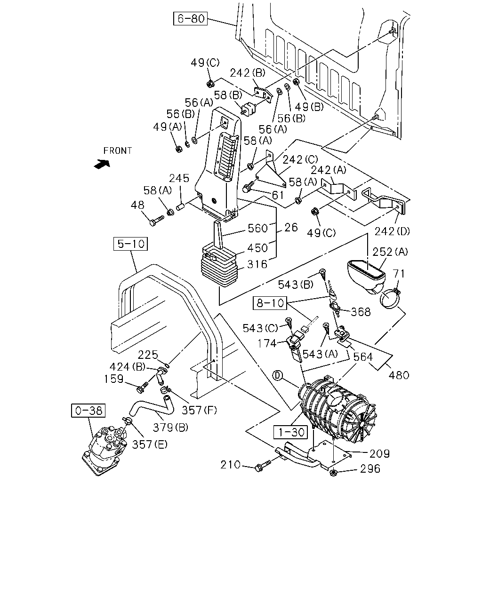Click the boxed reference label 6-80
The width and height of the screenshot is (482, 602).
[x=190, y=19]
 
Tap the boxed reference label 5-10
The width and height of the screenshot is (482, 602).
[x=130, y=244]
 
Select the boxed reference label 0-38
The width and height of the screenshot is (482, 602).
[x=88, y=411]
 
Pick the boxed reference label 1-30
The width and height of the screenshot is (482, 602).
[x=291, y=432]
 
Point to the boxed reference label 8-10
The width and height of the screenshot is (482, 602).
[x=270, y=303]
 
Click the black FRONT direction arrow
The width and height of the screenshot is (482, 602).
[x=102, y=164]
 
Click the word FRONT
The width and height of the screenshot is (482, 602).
[x=118, y=151]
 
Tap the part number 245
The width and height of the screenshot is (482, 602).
[x=179, y=178]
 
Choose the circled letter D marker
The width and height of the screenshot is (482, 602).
[x=278, y=376]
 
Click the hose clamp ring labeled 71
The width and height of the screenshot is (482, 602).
[x=390, y=299]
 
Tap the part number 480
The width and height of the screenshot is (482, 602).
[x=399, y=375]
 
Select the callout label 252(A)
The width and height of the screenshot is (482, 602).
[x=390, y=252]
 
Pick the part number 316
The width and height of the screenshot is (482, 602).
[x=257, y=264]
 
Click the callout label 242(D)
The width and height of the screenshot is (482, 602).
[x=392, y=231]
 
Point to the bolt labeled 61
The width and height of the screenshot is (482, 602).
[x=248, y=187]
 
